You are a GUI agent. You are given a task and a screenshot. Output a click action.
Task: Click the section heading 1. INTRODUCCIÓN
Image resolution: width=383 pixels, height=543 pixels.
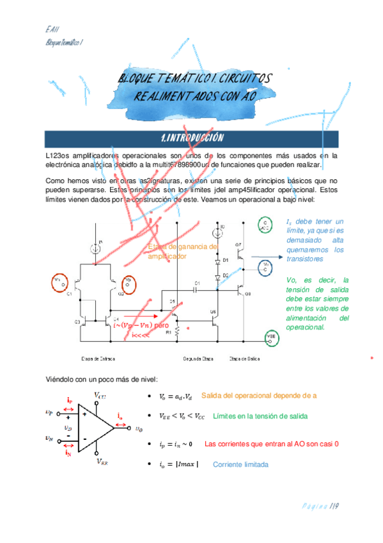[191, 138]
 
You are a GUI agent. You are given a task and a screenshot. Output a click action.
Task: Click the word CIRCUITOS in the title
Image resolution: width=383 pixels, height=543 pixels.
[245, 79]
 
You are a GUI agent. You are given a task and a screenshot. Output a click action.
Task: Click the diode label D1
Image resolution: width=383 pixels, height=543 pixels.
[226, 261]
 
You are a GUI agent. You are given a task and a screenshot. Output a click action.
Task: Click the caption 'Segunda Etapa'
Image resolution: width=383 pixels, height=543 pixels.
[197, 358]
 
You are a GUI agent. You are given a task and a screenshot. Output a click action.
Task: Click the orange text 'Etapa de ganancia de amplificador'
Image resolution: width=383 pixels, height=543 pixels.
[182, 251]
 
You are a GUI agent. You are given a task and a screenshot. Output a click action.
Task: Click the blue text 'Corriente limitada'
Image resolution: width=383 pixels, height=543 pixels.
[240, 464]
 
